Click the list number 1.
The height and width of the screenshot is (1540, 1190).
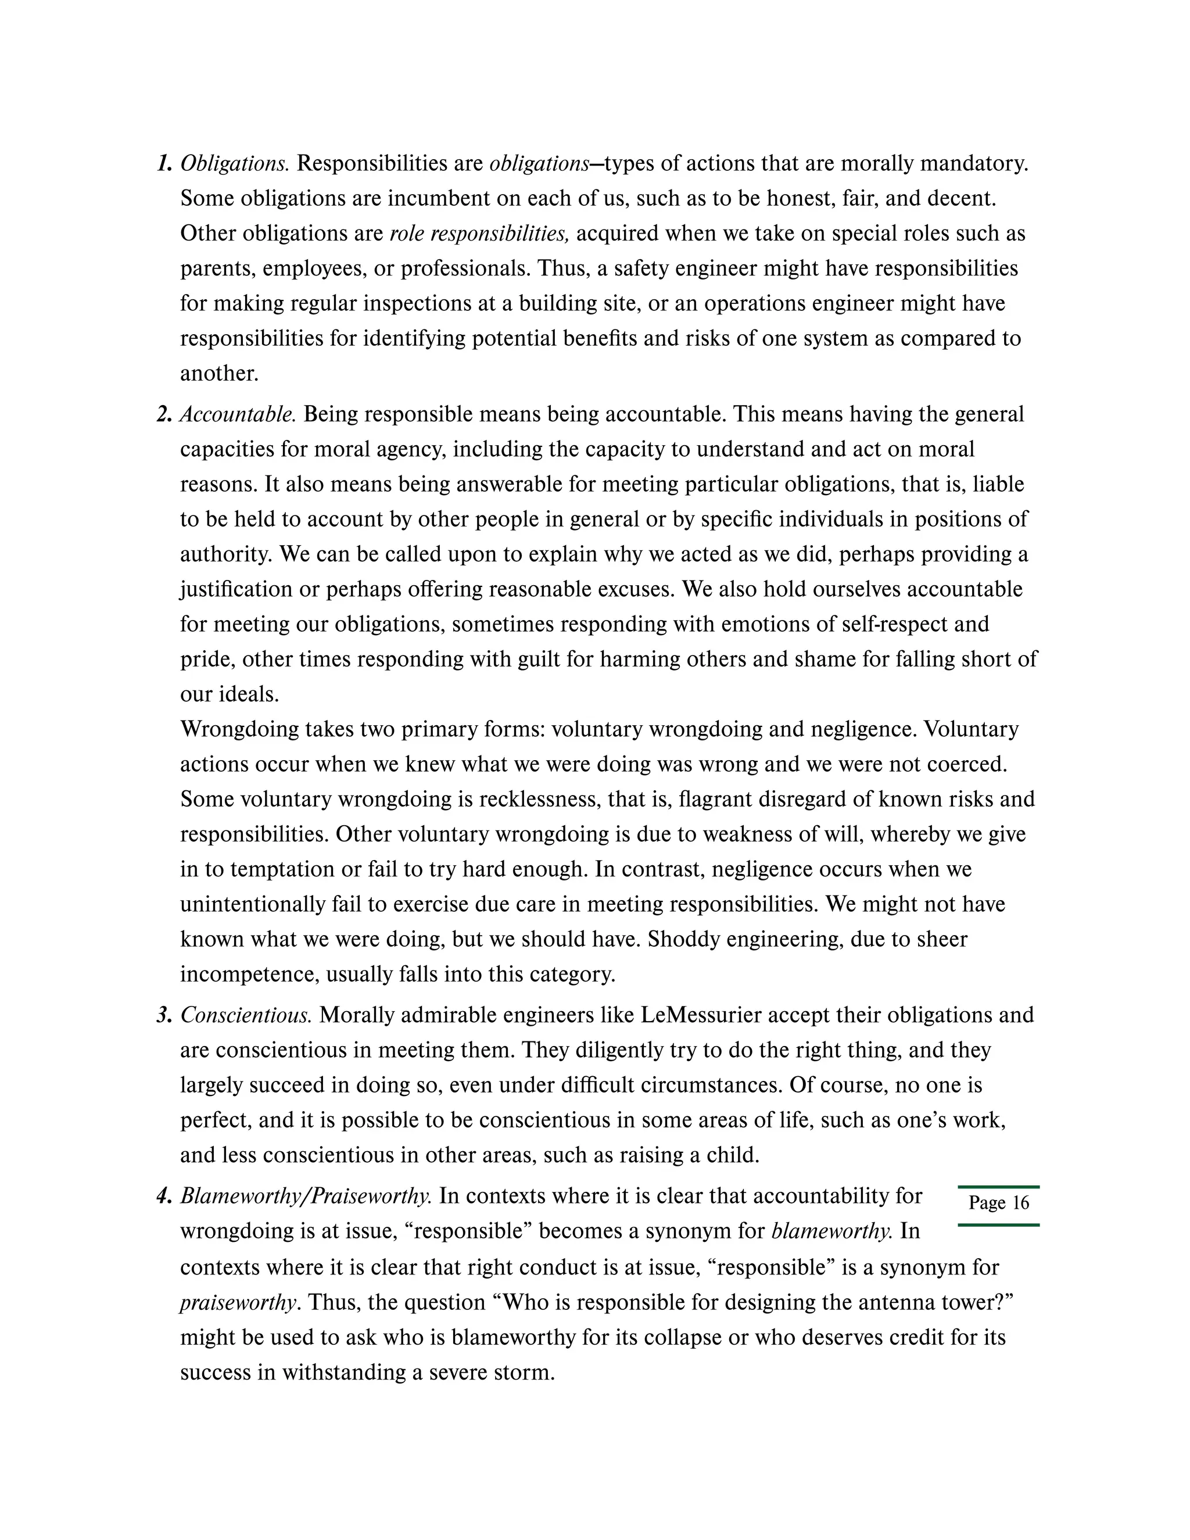pos(163,164)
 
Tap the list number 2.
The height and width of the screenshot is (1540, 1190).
pos(163,414)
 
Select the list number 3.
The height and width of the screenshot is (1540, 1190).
pos(163,1015)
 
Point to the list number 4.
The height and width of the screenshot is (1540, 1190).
pos(163,1196)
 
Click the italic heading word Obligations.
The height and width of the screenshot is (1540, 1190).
pos(234,164)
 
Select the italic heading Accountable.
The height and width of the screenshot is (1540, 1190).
pos(238,414)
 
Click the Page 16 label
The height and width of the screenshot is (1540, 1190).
pos(998,1202)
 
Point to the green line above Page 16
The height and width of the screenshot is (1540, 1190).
pos(998,1187)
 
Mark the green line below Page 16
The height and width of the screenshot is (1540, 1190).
pos(998,1225)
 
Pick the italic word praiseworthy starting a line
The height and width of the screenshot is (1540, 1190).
pos(238,1302)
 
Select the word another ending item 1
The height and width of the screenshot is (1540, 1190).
pos(218,373)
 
